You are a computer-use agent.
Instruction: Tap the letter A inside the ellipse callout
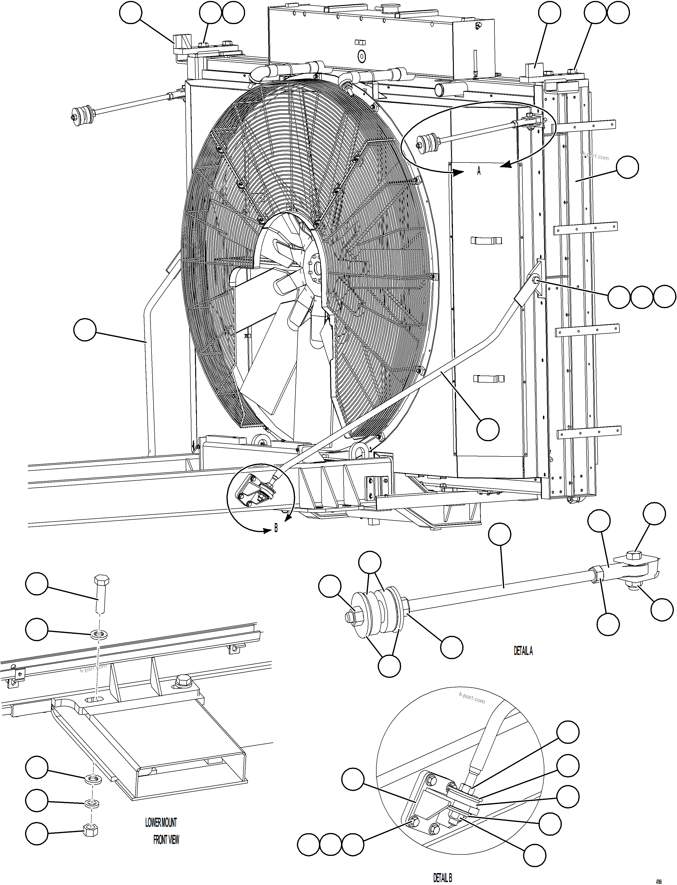pyautogui.click(x=479, y=171)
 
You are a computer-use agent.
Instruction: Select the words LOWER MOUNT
pyautogui.click(x=161, y=822)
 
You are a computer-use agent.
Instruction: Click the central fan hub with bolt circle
pyautogui.click(x=314, y=267)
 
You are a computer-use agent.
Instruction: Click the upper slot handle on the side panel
pyautogui.click(x=486, y=241)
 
